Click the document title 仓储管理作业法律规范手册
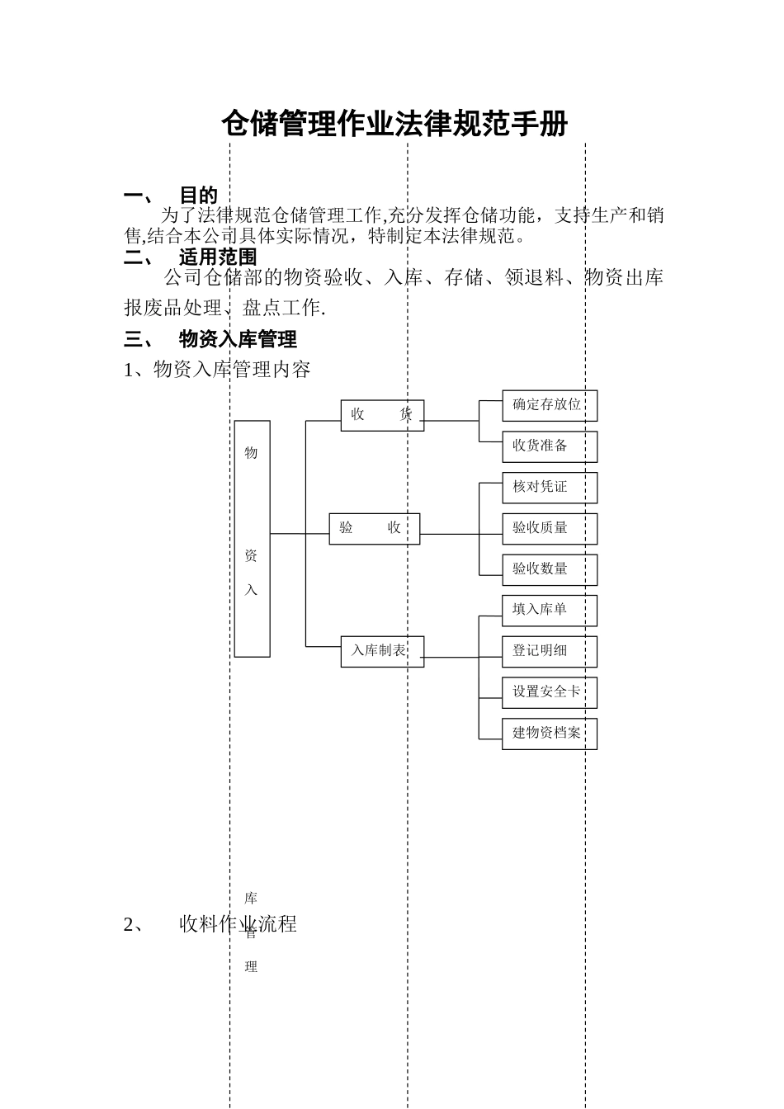point(394,125)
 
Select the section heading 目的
point(198,196)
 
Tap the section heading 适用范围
point(218,257)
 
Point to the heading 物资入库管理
point(238,339)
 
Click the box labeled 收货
point(382,415)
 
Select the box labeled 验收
point(374,528)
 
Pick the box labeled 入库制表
point(382,651)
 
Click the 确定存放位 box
point(549,405)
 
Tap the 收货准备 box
point(549,446)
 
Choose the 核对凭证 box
point(549,488)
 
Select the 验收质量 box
point(549,528)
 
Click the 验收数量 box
point(549,569)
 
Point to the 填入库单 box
point(549,610)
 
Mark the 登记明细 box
point(549,651)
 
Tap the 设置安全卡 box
point(549,692)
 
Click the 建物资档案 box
point(549,734)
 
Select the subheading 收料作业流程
point(238,924)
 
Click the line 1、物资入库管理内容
point(217,370)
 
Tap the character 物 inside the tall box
point(252,453)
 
